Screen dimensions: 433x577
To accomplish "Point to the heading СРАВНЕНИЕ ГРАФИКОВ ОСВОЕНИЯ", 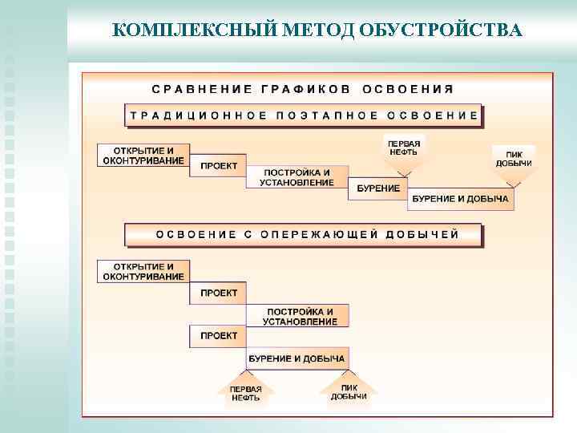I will click(304, 88).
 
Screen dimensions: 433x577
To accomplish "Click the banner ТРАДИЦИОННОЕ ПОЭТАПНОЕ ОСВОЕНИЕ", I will click(304, 115).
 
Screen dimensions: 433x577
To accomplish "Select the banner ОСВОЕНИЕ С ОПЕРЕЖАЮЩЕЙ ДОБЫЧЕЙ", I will click(304, 235).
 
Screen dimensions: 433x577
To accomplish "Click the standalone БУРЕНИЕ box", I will click(377, 188).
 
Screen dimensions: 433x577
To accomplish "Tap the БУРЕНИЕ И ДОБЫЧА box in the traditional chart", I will click(460, 199).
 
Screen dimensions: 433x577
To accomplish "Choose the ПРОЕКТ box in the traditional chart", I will click(218, 165).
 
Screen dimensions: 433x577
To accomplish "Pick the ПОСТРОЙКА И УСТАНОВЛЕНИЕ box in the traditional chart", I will click(297, 177).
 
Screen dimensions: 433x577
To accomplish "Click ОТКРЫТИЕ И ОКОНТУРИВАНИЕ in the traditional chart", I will click(143, 156).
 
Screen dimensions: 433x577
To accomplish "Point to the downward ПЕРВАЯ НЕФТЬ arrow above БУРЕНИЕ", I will click(405, 153).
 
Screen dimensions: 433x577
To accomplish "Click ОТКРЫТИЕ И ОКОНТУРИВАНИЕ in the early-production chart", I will click(143, 271).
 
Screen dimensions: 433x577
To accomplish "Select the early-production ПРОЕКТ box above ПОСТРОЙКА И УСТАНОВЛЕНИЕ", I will click(218, 293).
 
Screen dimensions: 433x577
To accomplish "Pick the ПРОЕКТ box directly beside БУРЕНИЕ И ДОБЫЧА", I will click(218, 336).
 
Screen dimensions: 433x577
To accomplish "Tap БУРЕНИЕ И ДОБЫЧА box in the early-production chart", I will click(297, 358).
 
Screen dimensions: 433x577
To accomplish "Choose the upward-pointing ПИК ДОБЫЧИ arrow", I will click(349, 389).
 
